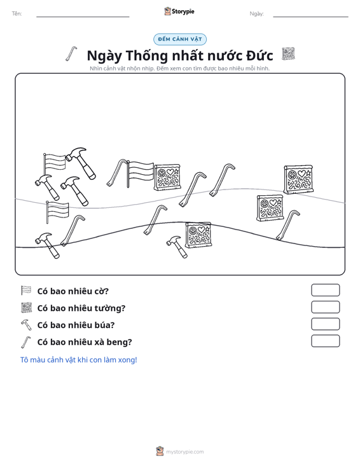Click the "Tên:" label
tap(17, 14)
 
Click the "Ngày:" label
tap(256, 14)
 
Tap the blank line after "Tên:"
tap(83, 17)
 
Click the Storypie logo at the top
tap(179, 11)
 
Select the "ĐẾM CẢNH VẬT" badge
tap(180, 39)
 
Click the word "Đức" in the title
tap(260, 55)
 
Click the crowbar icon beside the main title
tap(71, 54)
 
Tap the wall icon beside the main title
tap(288, 54)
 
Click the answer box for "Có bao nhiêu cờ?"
tap(325, 290)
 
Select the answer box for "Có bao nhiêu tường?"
tap(325, 307)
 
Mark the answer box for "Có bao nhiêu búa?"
tap(325, 324)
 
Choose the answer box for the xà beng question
tap(325, 341)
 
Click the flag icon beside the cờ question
tap(26, 291)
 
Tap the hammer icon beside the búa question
tap(26, 324)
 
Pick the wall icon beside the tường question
tap(26, 308)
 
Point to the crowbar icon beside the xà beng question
tap(26, 342)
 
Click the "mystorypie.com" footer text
tap(185, 452)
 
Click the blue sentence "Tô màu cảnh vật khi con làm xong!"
tap(79, 360)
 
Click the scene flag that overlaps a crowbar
tap(140, 174)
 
